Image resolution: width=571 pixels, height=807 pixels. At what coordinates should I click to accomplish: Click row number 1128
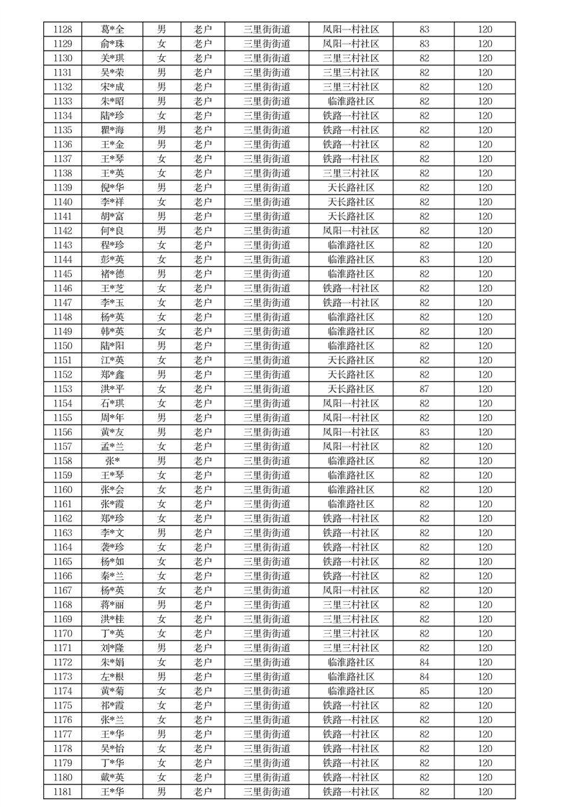[63, 29]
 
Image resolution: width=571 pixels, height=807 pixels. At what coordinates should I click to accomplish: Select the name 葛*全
[112, 29]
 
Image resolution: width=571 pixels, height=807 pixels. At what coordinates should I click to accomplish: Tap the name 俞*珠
[112, 44]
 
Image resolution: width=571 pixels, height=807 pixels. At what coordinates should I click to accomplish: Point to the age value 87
[424, 389]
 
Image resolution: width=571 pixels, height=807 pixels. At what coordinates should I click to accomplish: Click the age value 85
[424, 691]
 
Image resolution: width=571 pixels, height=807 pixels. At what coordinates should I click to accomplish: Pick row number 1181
[63, 792]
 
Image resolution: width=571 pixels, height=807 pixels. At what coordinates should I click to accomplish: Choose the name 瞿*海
[112, 130]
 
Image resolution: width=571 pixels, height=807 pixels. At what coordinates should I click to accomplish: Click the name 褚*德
[112, 274]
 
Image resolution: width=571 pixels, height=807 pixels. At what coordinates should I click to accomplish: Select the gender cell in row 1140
[162, 202]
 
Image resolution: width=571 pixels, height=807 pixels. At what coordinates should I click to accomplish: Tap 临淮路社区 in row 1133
[351, 101]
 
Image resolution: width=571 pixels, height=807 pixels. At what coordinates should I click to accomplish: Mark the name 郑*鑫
[112, 375]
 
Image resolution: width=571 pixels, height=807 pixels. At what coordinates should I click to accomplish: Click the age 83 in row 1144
[424, 260]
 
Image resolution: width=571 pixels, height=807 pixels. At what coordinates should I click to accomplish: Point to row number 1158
[63, 461]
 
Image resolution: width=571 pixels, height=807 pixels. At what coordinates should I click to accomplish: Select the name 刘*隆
[112, 648]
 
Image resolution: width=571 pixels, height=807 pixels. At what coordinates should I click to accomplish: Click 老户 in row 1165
[202, 562]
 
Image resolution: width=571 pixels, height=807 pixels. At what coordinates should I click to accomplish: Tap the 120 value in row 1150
[485, 346]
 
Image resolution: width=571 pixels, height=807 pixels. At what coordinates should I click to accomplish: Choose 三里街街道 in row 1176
[267, 720]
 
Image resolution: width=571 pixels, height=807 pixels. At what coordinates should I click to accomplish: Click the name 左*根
[112, 677]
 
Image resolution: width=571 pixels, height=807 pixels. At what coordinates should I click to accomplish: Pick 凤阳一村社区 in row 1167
[351, 591]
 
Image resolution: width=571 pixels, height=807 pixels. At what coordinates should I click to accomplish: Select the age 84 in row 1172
[424, 662]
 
